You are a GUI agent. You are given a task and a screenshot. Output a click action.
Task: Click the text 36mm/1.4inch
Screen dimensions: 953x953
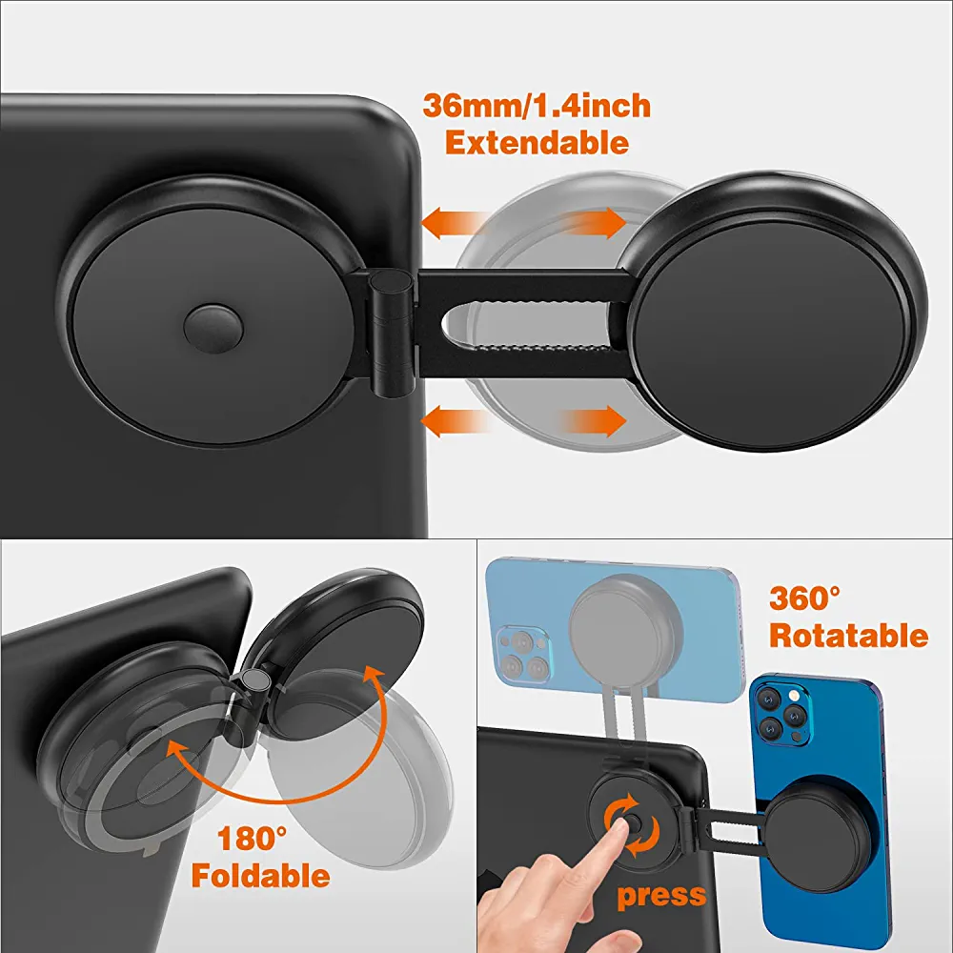click(x=536, y=106)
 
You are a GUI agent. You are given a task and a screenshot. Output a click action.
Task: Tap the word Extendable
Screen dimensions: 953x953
click(x=537, y=143)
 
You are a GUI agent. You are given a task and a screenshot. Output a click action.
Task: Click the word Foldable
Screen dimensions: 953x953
click(x=261, y=876)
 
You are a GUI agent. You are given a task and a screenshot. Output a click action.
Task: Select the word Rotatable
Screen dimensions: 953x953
click(x=848, y=635)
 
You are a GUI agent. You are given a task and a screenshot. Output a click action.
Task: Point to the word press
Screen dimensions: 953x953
click(x=662, y=896)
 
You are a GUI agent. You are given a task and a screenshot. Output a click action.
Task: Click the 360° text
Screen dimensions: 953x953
click(x=804, y=598)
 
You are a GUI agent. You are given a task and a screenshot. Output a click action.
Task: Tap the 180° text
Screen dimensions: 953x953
click(x=252, y=838)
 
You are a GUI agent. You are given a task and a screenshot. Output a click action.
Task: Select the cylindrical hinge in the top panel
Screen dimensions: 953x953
click(x=392, y=334)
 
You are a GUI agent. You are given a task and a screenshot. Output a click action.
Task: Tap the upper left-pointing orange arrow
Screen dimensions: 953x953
click(x=456, y=223)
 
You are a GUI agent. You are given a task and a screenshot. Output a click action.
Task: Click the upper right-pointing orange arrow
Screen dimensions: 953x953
click(x=593, y=222)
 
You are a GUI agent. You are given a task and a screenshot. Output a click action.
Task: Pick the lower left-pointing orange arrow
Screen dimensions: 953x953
click(x=456, y=420)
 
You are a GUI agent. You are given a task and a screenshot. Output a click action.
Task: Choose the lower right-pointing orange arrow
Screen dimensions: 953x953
click(x=593, y=420)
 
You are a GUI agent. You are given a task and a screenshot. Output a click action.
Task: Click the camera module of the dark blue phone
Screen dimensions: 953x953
click(x=782, y=713)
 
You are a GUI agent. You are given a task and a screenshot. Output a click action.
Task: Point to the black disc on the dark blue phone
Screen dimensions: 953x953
click(x=821, y=829)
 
